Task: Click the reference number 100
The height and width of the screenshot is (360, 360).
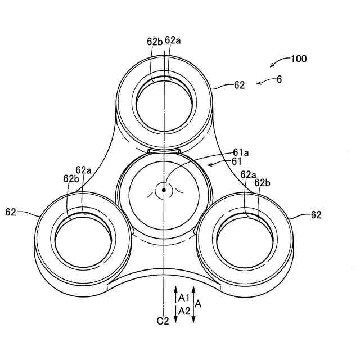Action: coord(299,58)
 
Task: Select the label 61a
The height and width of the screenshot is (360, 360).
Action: coord(241,152)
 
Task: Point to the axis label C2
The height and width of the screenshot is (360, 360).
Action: coord(163,321)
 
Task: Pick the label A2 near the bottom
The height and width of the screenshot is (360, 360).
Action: coord(184,310)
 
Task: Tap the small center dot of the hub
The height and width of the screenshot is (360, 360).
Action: coord(164,190)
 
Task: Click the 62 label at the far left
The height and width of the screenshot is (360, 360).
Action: coord(11,212)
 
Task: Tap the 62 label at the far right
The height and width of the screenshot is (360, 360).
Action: coord(317,214)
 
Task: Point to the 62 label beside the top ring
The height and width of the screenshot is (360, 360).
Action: coord(240,85)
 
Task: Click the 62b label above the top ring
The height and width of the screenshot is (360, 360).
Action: coord(155,41)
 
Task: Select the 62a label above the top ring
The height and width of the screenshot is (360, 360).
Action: coord(173,40)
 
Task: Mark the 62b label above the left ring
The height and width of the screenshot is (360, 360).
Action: coord(71,179)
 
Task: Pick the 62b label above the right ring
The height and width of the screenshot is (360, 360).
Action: coord(263,183)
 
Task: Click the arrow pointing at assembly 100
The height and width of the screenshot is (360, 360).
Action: coord(277,62)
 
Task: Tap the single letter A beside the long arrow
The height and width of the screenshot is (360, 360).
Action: coord(197,303)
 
